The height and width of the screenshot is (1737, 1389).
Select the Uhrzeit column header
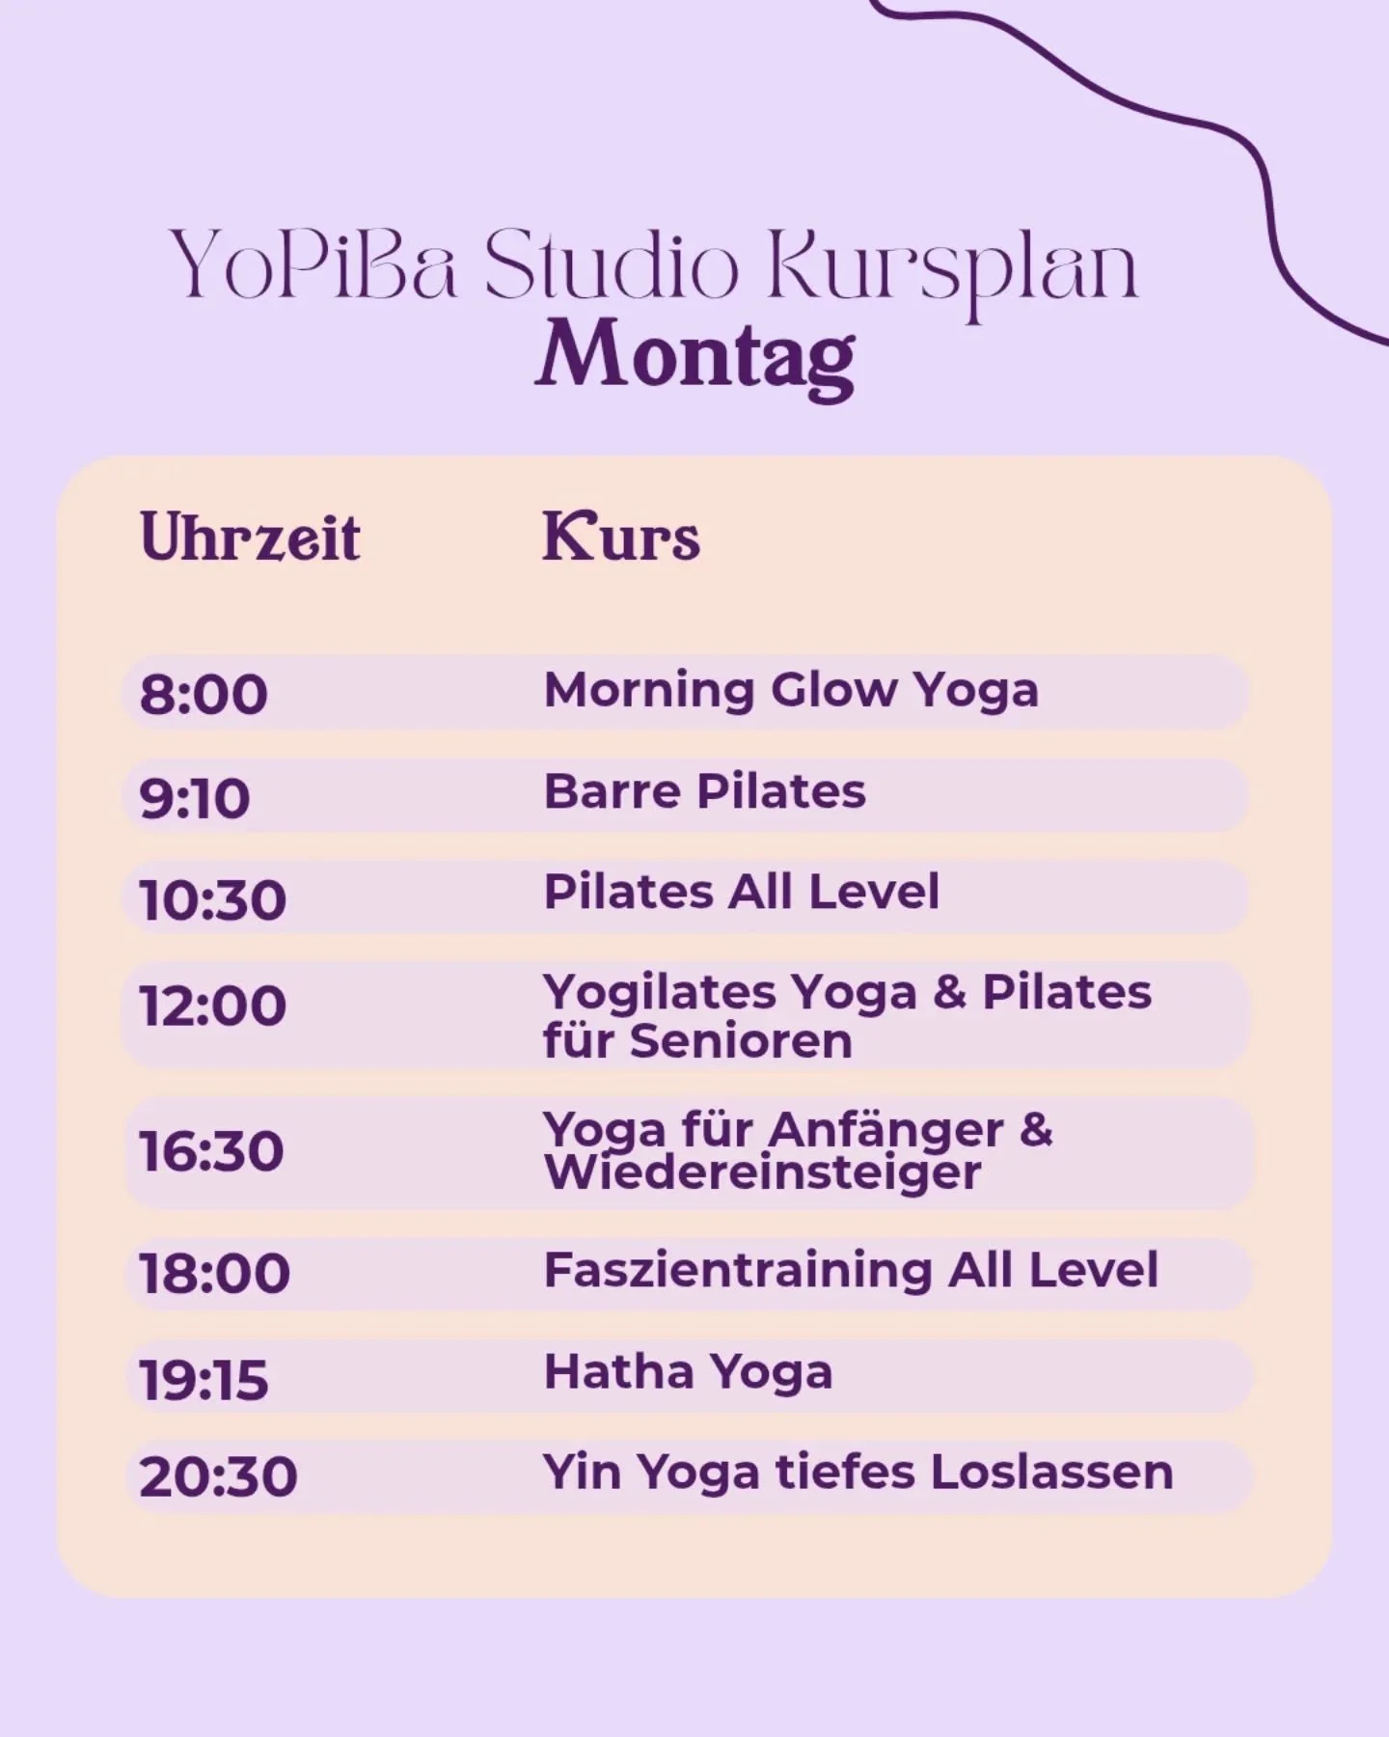click(x=250, y=538)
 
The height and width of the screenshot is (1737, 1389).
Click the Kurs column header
click(x=621, y=538)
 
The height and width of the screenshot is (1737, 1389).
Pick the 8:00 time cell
click(x=204, y=695)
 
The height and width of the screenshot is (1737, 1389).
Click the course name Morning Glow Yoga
click(x=791, y=691)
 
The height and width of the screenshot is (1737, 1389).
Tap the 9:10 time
click(x=195, y=799)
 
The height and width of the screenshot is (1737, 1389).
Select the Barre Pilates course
click(x=704, y=792)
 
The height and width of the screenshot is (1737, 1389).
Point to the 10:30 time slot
click(x=213, y=900)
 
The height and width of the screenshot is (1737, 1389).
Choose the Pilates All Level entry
click(x=741, y=892)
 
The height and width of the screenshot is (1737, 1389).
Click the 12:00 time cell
click(x=213, y=1006)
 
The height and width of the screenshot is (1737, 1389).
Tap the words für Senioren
click(x=697, y=1041)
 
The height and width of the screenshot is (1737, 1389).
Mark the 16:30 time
click(x=211, y=1152)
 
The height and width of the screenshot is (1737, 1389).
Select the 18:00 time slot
click(x=214, y=1273)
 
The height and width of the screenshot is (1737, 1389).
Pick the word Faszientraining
click(x=737, y=1270)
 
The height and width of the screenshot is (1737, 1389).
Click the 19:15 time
click(x=204, y=1379)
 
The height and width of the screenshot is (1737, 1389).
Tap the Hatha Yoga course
click(x=688, y=1372)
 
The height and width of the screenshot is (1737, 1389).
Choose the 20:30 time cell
click(x=218, y=1477)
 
